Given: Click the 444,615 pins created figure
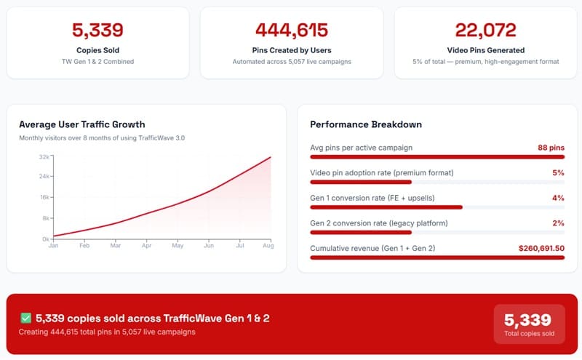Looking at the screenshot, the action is (292, 30).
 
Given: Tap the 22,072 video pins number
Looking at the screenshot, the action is (485, 30).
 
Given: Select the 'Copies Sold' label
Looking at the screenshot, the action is (97, 50).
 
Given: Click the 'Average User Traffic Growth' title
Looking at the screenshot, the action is (82, 124).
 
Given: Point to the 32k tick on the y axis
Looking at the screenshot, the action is (44, 157).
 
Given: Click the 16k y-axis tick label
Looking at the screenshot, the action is (44, 197).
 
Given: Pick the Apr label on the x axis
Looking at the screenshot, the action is (147, 245).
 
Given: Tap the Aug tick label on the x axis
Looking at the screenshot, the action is (268, 245).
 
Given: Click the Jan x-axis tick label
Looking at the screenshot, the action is (53, 245).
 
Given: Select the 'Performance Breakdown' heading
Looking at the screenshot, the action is (366, 124).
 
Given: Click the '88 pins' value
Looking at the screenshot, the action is (551, 148).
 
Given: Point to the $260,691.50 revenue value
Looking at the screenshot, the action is (541, 248).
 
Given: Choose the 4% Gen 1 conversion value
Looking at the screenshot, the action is (558, 198).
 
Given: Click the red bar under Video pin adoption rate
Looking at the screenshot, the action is (361, 183).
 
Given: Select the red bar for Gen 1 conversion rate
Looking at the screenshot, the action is (386, 207).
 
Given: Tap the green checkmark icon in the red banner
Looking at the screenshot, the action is (25, 318).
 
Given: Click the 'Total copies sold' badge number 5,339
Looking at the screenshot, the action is (528, 320).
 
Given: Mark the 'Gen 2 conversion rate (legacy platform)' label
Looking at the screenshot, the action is (379, 223).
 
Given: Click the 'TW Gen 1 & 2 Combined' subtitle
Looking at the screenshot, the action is (97, 62).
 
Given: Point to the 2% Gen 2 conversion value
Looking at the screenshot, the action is (558, 223).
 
